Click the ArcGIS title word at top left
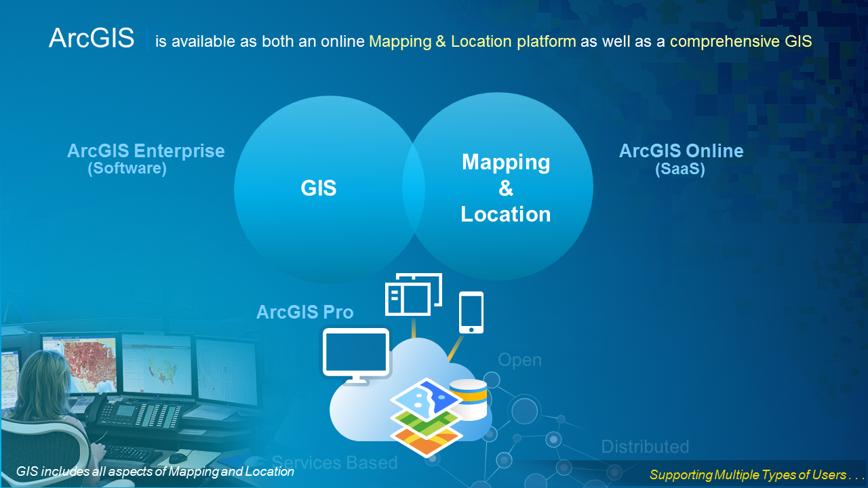(92, 39)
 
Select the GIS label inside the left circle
(319, 188)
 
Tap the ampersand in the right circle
(506, 188)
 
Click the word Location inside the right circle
(506, 214)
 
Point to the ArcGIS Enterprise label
(146, 150)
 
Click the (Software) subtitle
(127, 168)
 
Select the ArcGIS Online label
(681, 150)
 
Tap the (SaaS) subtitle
(680, 169)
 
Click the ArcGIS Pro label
(305, 312)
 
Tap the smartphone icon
(471, 312)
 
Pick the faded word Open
(520, 360)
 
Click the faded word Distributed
(645, 447)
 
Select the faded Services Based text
(334, 462)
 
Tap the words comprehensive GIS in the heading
(741, 41)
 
